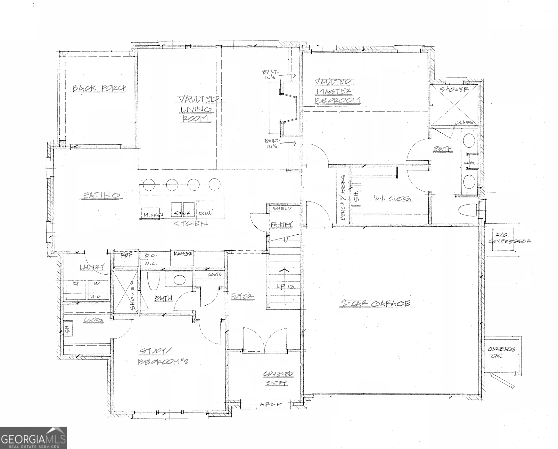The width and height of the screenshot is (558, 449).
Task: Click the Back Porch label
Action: (x=99, y=88)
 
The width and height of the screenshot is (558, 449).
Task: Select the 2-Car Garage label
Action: (x=376, y=303)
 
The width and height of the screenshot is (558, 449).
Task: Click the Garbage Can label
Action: (x=501, y=352)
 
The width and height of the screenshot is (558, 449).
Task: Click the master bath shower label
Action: (x=454, y=89)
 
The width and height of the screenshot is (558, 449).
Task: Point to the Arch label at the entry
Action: (x=271, y=404)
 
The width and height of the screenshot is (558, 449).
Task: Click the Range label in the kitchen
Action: (x=183, y=254)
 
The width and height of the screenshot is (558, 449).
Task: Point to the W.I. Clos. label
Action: (x=393, y=198)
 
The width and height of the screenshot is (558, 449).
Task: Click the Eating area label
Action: (x=102, y=195)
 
